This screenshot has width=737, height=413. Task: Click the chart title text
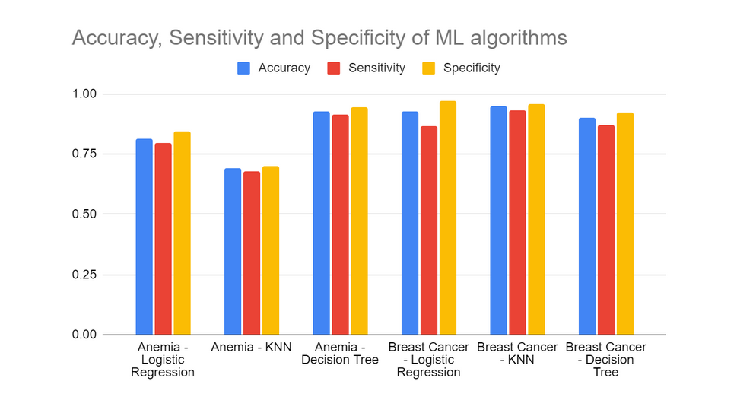(x=319, y=37)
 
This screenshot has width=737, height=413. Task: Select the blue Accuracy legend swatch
(x=244, y=68)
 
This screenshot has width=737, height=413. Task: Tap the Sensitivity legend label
(x=376, y=68)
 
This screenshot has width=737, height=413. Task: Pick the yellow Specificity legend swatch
(x=429, y=68)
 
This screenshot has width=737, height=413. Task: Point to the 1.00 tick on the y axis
(x=84, y=94)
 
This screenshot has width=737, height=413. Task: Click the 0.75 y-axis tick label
(x=84, y=154)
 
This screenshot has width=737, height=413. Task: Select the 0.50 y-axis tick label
(x=84, y=214)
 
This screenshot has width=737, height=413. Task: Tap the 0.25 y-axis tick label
(x=84, y=275)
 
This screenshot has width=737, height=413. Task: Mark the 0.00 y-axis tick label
(x=84, y=335)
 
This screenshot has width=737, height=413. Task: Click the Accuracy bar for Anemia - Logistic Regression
(x=145, y=237)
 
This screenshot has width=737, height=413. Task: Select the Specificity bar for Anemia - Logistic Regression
(x=182, y=233)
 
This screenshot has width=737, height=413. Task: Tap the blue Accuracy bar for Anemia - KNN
(x=233, y=252)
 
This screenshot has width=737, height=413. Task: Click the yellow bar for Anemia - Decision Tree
(x=359, y=221)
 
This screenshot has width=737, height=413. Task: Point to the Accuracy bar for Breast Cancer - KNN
(x=499, y=221)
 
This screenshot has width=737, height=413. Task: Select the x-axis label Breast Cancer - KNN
(x=517, y=353)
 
